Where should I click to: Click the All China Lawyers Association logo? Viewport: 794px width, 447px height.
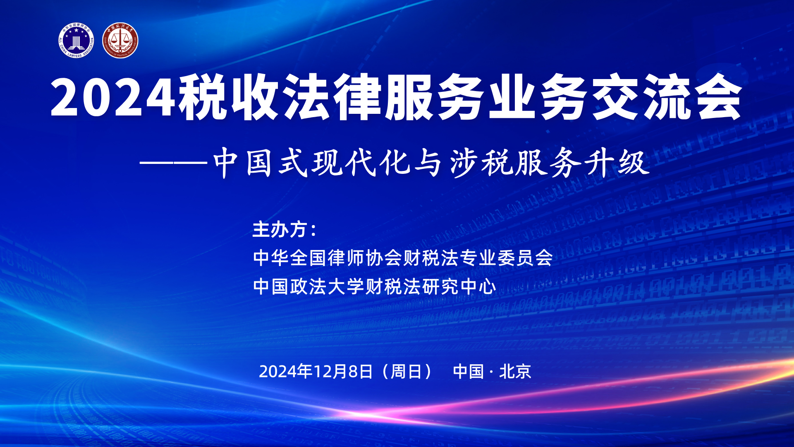76,40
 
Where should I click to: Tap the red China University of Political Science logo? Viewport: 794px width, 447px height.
120,40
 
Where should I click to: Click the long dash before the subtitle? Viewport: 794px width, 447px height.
174,164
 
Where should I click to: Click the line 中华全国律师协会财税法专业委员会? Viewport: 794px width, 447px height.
403,258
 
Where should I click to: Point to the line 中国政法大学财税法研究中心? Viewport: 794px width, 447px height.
374,286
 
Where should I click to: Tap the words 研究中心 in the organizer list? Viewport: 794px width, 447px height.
459,286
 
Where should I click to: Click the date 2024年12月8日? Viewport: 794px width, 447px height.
316,371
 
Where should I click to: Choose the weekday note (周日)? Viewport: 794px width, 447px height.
407,371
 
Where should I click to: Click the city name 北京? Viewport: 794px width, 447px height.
515,371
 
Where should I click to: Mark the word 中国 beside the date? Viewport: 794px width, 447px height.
469,371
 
